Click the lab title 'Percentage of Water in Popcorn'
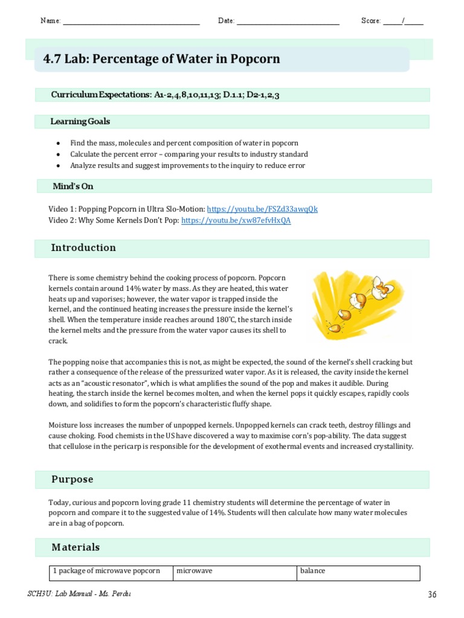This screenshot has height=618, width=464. coord(161,59)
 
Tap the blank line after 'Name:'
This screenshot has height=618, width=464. coord(131,22)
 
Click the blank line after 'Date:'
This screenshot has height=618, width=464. coord(288,22)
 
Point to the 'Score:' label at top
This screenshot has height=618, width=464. coord(370,21)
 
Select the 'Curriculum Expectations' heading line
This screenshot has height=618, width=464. coord(165,95)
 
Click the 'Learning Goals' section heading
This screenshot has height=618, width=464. coord(80,122)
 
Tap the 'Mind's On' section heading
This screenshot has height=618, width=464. coord(73,186)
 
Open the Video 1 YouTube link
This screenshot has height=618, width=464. coord(262,209)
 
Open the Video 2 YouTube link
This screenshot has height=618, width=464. coord(236,221)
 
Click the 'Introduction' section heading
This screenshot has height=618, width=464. coord(83,248)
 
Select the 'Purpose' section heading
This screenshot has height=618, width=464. coord(72,480)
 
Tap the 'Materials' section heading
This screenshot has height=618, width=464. coord(76,547)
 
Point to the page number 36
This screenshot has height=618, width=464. coord(431,594)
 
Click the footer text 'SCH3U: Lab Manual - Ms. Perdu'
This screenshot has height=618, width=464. coord(79,594)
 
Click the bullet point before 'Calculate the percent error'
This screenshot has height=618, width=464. coord(57,154)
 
